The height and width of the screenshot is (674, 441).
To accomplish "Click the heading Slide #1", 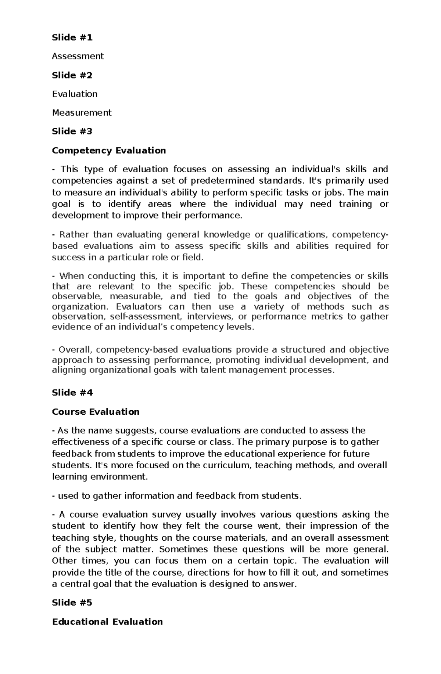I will click(x=72, y=37).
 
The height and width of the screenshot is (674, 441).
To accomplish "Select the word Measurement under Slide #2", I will click(x=82, y=113).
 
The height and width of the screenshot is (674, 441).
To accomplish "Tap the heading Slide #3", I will click(x=72, y=131).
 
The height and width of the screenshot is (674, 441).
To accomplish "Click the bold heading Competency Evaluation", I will click(x=109, y=151).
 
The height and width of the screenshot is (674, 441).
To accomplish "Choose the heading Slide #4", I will click(x=72, y=393).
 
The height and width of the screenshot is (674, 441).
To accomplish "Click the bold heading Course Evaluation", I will click(x=96, y=412).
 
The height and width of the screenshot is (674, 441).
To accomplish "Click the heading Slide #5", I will click(x=72, y=603).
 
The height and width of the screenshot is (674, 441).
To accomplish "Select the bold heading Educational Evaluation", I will click(x=107, y=622).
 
